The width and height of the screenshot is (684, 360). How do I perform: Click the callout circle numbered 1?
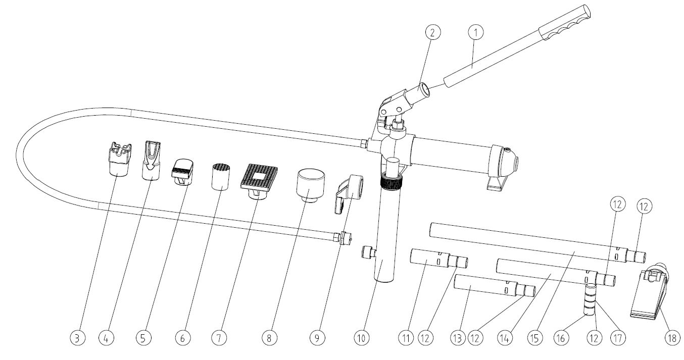[476, 32]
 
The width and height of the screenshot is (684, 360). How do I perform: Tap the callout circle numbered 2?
[433, 32]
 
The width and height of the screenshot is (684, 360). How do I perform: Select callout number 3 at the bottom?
[78, 338]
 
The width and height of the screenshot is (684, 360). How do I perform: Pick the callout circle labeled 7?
[219, 338]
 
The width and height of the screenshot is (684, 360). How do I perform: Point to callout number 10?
[362, 338]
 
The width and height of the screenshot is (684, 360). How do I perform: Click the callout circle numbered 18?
[672, 338]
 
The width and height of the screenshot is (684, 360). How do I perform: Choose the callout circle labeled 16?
[561, 338]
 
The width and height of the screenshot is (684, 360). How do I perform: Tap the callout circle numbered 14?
[505, 338]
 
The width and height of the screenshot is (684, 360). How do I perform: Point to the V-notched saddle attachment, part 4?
[152, 161]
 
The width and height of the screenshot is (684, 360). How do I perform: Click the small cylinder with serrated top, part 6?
[220, 177]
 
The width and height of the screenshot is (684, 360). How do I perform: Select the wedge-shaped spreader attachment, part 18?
[650, 291]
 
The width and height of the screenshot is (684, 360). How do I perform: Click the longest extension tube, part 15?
[538, 242]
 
